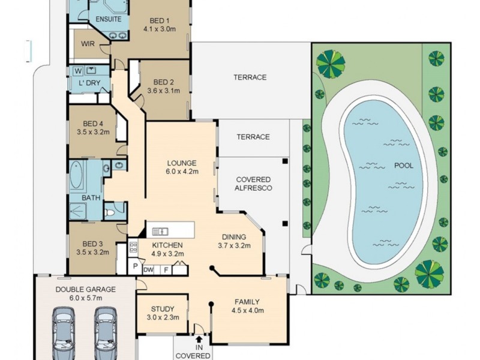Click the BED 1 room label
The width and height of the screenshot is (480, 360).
click(159, 21)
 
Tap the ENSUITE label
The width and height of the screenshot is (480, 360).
click(109, 19)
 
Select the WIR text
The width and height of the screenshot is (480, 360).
click(88, 43)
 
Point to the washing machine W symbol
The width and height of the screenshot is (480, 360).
click(79, 71)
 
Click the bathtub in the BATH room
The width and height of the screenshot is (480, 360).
click(76, 174)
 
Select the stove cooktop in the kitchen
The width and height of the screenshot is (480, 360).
click(133, 247)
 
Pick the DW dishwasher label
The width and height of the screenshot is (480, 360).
click(148, 269)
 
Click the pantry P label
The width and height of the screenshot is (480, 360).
click(135, 266)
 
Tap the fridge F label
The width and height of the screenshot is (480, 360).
click(166, 270)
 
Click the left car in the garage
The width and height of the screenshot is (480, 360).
click(64, 333)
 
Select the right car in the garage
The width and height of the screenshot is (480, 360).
click(106, 333)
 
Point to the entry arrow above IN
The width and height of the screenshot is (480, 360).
click(199, 339)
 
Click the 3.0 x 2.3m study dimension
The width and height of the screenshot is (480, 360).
click(163, 317)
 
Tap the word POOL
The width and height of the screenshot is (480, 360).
click(403, 166)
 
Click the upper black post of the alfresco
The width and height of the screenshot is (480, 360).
click(286, 161)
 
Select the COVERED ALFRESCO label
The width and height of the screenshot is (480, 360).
click(253, 184)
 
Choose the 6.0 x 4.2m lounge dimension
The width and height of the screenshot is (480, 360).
click(182, 172)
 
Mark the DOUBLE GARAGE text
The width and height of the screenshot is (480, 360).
click(85, 289)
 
